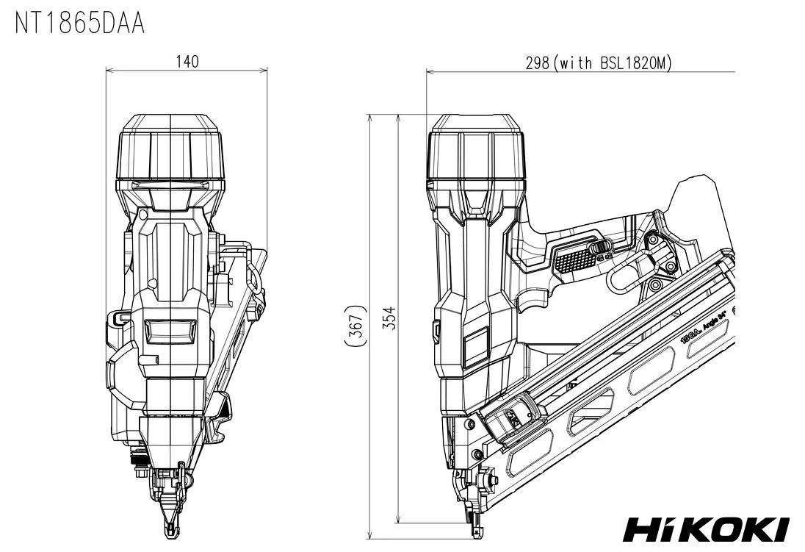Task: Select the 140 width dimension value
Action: (187, 61)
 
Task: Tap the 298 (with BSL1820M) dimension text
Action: (598, 62)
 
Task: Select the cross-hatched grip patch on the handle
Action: (573, 259)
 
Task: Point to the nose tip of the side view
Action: (474, 531)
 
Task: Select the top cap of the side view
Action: (477, 147)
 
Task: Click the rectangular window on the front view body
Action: (170, 331)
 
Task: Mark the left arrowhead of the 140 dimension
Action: (109, 71)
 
